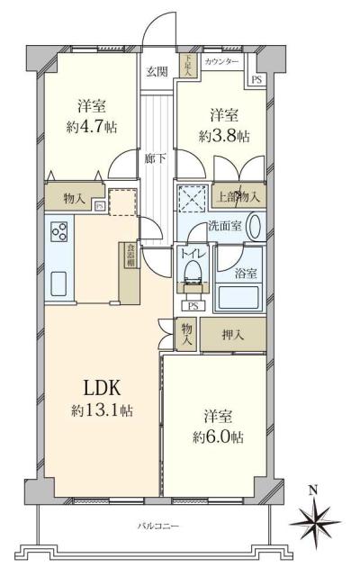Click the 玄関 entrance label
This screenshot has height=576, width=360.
click(x=157, y=72)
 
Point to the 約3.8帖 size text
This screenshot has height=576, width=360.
click(x=224, y=136)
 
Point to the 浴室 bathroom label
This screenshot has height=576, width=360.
click(x=247, y=273)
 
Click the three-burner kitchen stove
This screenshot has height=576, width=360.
click(x=60, y=231)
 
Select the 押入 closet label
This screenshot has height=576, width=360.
click(x=235, y=335)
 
